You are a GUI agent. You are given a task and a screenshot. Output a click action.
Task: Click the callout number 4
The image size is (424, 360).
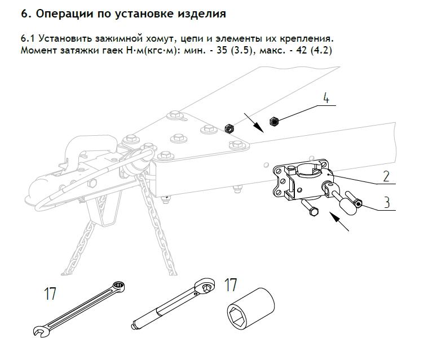[x=326, y=97]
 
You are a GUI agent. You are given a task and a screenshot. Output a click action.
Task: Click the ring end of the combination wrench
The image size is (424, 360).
[x=118, y=286]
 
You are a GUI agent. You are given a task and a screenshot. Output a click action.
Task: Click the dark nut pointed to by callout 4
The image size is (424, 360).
[x=276, y=120]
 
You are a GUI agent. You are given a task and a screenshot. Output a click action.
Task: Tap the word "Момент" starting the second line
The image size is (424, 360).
[x=37, y=51]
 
